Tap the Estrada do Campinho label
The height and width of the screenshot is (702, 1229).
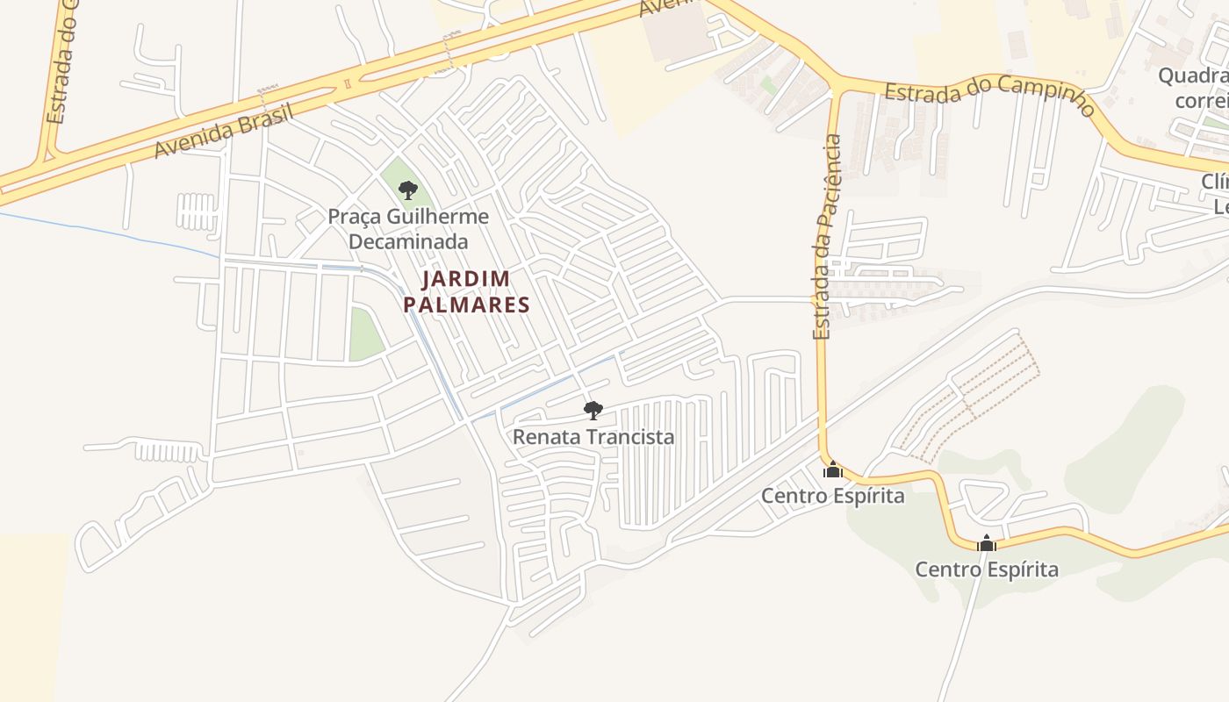[989, 99]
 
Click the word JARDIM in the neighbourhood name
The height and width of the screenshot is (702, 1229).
[466, 279]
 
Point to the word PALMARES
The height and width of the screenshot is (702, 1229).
[466, 305]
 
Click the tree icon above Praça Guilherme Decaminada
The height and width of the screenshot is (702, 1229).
[407, 190]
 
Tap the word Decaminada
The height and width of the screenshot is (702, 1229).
[408, 241]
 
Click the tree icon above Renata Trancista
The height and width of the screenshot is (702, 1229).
[593, 409]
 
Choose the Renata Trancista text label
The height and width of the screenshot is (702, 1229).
[593, 436]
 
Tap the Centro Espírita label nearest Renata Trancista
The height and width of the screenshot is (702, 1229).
[832, 496]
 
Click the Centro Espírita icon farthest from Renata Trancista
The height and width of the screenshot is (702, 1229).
[987, 544]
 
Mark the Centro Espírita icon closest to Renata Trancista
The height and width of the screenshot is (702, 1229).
[832, 469]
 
